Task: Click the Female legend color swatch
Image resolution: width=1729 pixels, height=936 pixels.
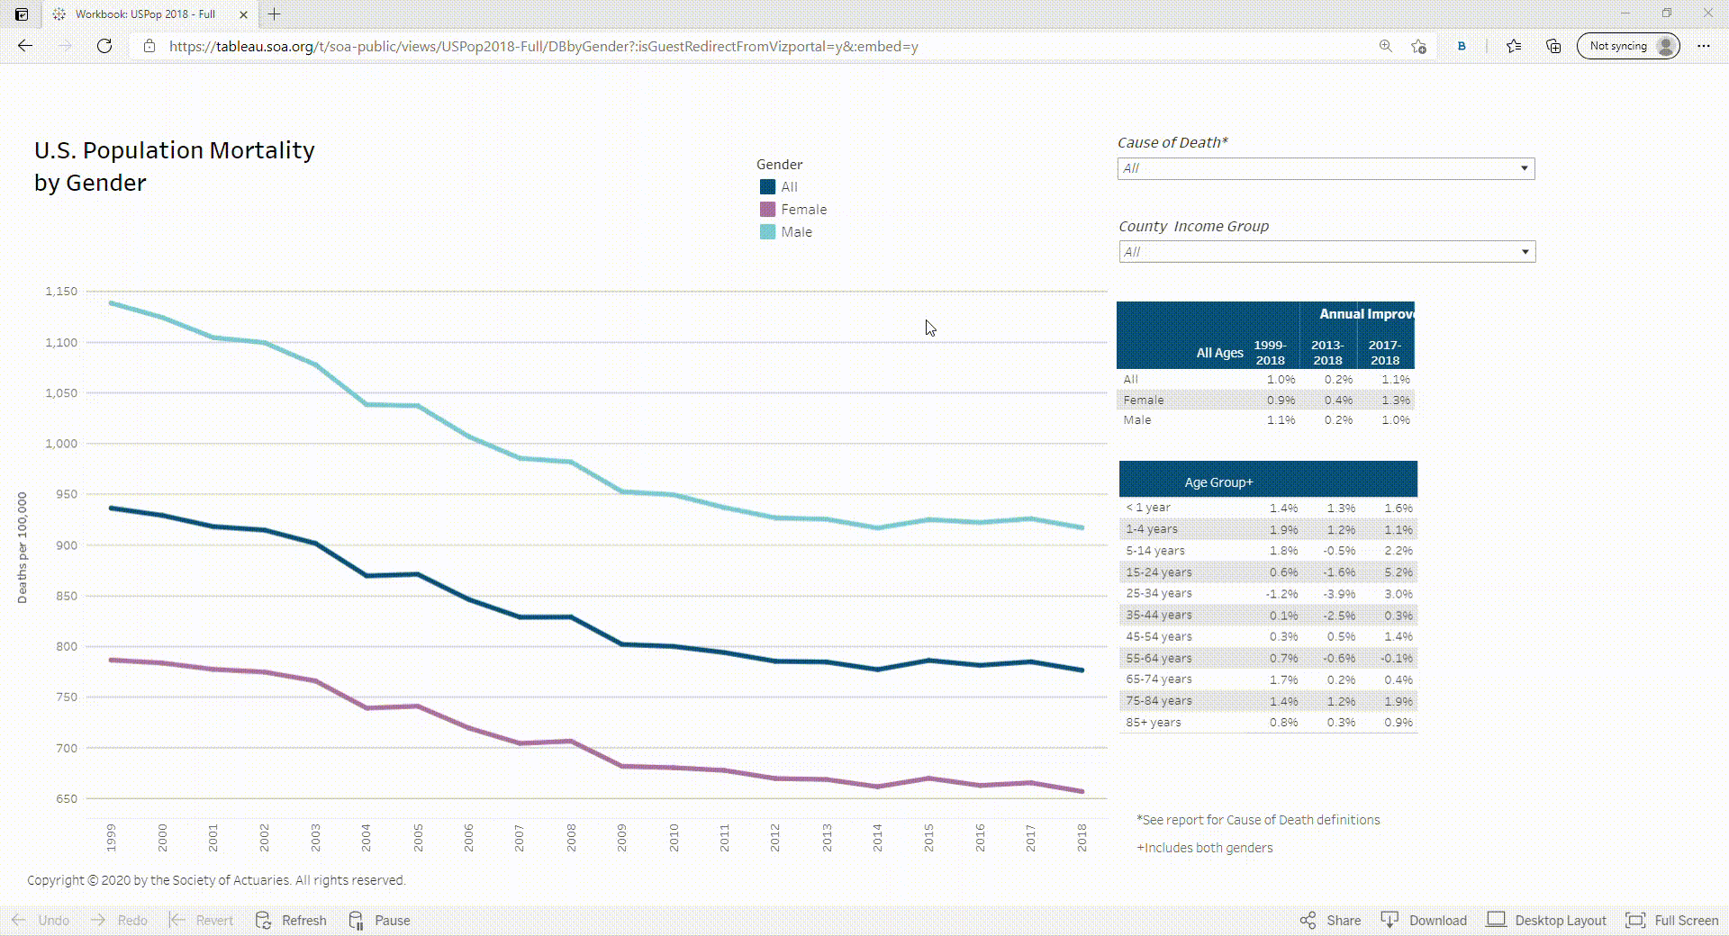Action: pyautogui.click(x=767, y=210)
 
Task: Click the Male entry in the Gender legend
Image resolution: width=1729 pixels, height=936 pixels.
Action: pyautogui.click(x=796, y=232)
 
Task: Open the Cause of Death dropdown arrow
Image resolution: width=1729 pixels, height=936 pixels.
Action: pyautogui.click(x=1524, y=168)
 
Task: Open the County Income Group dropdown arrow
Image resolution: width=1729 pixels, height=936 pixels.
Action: pyautogui.click(x=1525, y=252)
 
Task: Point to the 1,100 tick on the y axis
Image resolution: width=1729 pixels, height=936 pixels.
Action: pyautogui.click(x=61, y=343)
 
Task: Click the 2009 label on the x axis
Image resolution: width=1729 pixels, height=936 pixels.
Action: pyautogui.click(x=622, y=837)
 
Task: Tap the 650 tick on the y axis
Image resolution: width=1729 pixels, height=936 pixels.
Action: pyautogui.click(x=67, y=799)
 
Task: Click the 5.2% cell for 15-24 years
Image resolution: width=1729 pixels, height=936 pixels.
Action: pyautogui.click(x=1398, y=572)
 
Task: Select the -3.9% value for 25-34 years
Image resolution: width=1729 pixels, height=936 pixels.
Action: pyautogui.click(x=1340, y=594)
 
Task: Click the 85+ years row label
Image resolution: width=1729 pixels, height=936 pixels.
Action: pyautogui.click(x=1153, y=723)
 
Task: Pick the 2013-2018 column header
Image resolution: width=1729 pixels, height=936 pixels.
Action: pyautogui.click(x=1327, y=353)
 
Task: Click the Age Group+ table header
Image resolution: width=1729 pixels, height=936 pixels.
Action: pyautogui.click(x=1218, y=482)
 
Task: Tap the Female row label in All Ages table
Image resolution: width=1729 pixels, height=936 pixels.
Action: pyautogui.click(x=1143, y=400)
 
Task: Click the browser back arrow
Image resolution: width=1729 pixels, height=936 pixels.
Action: pyautogui.click(x=25, y=46)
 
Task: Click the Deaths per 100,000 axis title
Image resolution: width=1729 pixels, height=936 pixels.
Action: pyautogui.click(x=23, y=547)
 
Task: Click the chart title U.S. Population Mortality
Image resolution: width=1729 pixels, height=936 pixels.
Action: pyautogui.click(x=174, y=150)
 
